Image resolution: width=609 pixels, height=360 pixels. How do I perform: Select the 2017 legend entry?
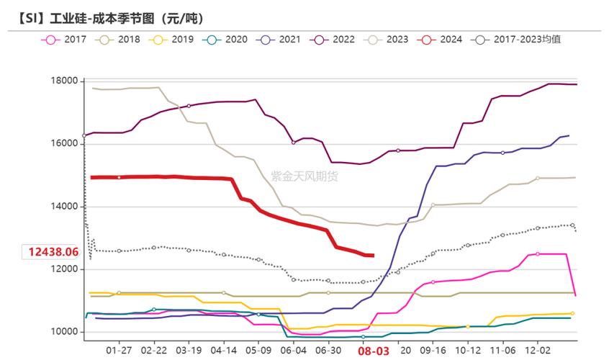[x=66, y=39]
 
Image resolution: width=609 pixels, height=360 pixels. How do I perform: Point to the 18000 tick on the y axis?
[x=65, y=81]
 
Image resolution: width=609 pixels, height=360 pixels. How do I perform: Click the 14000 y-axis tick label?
[x=65, y=207]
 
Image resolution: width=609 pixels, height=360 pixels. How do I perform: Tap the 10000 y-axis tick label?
[x=65, y=332]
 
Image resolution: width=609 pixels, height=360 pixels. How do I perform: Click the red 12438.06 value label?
[x=53, y=252]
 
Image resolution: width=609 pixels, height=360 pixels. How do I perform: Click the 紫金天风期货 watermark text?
[x=304, y=175]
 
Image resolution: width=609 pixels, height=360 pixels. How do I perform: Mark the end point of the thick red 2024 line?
[x=372, y=255]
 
